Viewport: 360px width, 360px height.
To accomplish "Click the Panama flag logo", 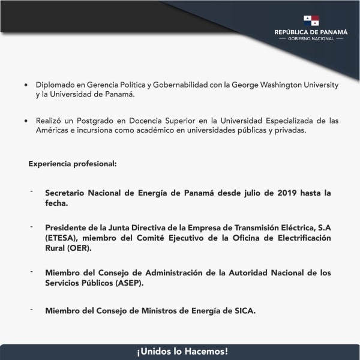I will coord(311,20).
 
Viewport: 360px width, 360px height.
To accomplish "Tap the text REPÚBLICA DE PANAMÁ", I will coord(311,32).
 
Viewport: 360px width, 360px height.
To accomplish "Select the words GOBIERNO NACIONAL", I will coord(311,39).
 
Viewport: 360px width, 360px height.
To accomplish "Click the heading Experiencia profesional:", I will coord(72,163).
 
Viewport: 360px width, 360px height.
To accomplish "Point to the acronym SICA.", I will coord(244,310).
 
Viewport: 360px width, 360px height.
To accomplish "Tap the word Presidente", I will coord(67,227).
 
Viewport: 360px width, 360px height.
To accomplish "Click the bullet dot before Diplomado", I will coord(25,85).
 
